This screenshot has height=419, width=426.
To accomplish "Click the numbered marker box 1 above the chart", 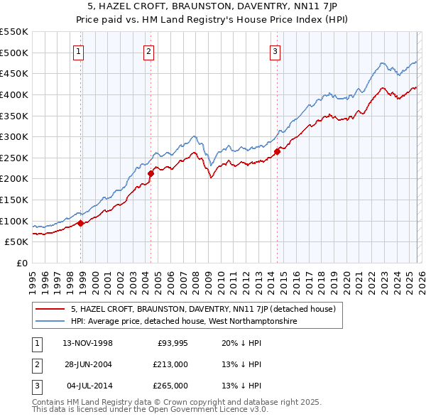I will [x=77, y=50].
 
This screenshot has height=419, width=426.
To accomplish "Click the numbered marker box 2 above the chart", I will [x=148, y=50].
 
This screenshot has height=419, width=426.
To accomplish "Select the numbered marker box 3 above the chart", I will [x=275, y=50].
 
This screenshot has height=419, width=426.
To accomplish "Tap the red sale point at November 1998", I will [x=80, y=223].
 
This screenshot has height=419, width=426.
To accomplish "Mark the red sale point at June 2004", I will [x=151, y=173].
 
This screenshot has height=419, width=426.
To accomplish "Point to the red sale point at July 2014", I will [x=277, y=151].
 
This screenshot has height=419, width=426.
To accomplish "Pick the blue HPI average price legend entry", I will [x=182, y=321].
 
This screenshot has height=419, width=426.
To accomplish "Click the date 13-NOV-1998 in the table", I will [x=88, y=343].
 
